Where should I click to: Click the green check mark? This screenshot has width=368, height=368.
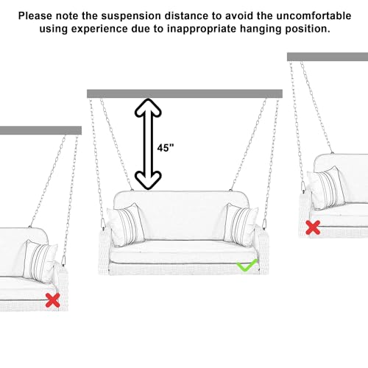[246, 264]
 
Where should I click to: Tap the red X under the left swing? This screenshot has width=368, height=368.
[52, 300]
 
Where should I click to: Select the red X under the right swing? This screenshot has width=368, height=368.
[313, 227]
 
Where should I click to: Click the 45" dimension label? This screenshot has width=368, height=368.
[166, 146]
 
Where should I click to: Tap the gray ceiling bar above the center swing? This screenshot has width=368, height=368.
[184, 93]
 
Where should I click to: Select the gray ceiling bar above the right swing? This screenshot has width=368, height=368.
[327, 57]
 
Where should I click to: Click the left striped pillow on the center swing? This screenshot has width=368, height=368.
[124, 224]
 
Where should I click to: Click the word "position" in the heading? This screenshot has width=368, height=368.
[305, 29]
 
